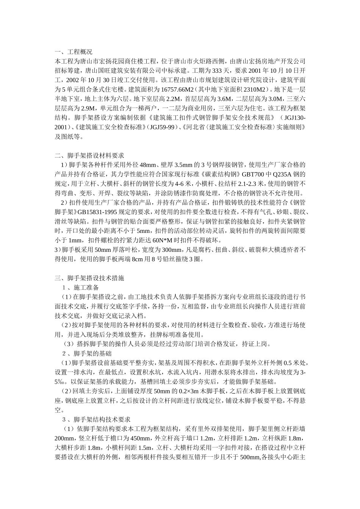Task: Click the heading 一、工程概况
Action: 74,52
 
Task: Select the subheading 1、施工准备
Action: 80,287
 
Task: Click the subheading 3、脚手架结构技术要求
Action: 96,420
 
